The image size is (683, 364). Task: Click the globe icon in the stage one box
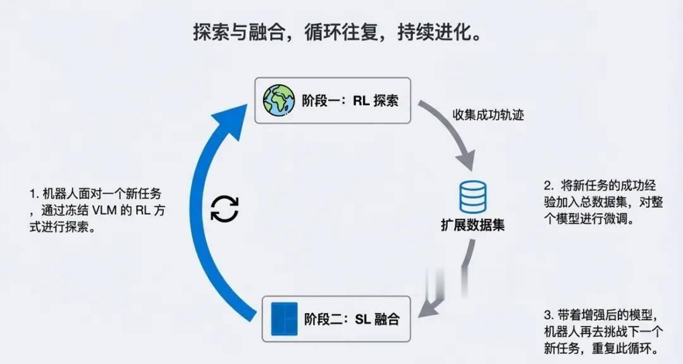point(279,100)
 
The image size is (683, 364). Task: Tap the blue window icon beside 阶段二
point(283,319)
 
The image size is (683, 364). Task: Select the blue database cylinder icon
point(473,197)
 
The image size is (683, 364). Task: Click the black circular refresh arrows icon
point(225,208)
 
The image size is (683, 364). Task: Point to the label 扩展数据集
point(473,225)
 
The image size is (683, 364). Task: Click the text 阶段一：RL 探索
point(350,101)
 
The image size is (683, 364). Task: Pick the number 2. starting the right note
point(548,186)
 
